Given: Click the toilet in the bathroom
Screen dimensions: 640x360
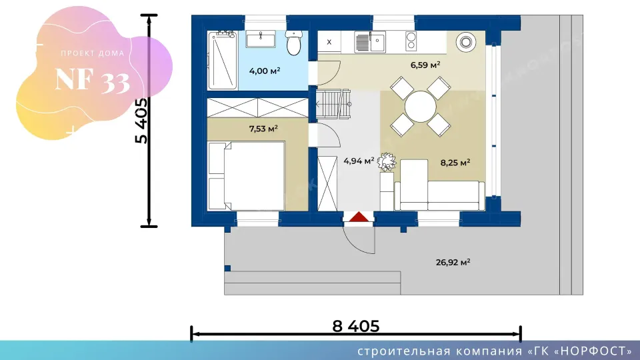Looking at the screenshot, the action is point(294,43).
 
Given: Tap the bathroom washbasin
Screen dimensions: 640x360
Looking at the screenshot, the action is point(261,39).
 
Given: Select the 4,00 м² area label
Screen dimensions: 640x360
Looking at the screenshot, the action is point(265,71).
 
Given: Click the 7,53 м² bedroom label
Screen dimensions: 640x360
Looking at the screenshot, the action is point(263,129).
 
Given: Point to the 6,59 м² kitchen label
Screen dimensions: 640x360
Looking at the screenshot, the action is point(425,65).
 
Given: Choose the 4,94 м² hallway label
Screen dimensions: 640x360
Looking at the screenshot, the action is point(359,161).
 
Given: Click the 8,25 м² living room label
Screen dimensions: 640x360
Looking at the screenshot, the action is point(455,163).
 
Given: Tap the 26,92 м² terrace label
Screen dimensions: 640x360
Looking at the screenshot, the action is point(453,263).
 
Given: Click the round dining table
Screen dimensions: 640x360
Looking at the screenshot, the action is point(421,107).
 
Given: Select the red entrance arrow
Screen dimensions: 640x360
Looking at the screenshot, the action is point(359,217).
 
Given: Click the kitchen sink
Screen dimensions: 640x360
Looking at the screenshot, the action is point(370,41).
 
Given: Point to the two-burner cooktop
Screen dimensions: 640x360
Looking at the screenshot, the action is point(411,41).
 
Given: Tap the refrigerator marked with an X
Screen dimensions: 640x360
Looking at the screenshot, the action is point(329,41).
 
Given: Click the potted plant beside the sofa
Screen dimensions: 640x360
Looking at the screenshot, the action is point(387,161).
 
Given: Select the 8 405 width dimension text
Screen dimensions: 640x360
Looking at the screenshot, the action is point(356,326).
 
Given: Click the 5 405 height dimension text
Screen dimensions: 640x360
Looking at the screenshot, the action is point(141,121).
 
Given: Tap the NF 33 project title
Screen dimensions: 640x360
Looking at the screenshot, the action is point(93,80).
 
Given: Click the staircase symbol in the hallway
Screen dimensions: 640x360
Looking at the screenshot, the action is point(333,104).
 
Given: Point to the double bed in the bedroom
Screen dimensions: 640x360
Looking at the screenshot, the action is point(246,176).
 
